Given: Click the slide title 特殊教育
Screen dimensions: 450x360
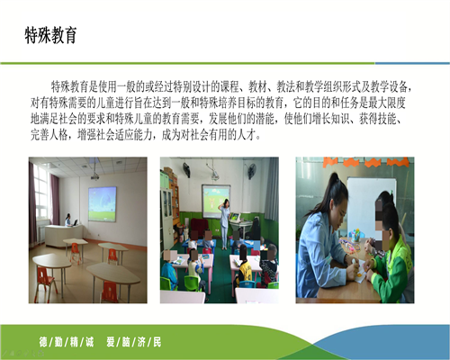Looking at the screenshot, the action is (x=50, y=35).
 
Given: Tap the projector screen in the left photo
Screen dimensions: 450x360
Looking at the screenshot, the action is (x=103, y=204).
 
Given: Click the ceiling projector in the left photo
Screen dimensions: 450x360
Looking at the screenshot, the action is (x=94, y=176).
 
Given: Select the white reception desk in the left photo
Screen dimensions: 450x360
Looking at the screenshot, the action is (x=64, y=235).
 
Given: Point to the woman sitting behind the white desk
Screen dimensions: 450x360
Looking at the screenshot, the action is (x=68, y=220).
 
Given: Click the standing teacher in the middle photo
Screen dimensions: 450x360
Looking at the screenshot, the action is (x=225, y=223).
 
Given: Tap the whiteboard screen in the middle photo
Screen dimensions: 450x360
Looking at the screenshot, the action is (x=216, y=201).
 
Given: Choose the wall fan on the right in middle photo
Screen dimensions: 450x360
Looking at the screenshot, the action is (x=252, y=171).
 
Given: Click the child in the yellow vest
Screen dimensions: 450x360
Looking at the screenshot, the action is (x=244, y=268).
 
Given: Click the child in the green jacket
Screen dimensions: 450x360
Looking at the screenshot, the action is (x=390, y=258).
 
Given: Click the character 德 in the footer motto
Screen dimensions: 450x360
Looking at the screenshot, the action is (x=43, y=342).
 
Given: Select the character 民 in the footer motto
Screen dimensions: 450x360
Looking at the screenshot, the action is (x=157, y=342).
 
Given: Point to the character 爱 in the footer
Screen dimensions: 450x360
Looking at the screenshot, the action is (x=111, y=342).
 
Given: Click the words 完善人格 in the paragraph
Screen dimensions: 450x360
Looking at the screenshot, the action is (x=49, y=135).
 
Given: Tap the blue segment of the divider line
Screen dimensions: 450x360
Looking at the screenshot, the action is (x=412, y=63).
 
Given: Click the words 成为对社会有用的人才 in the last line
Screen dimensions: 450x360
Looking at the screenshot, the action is (x=209, y=135).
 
